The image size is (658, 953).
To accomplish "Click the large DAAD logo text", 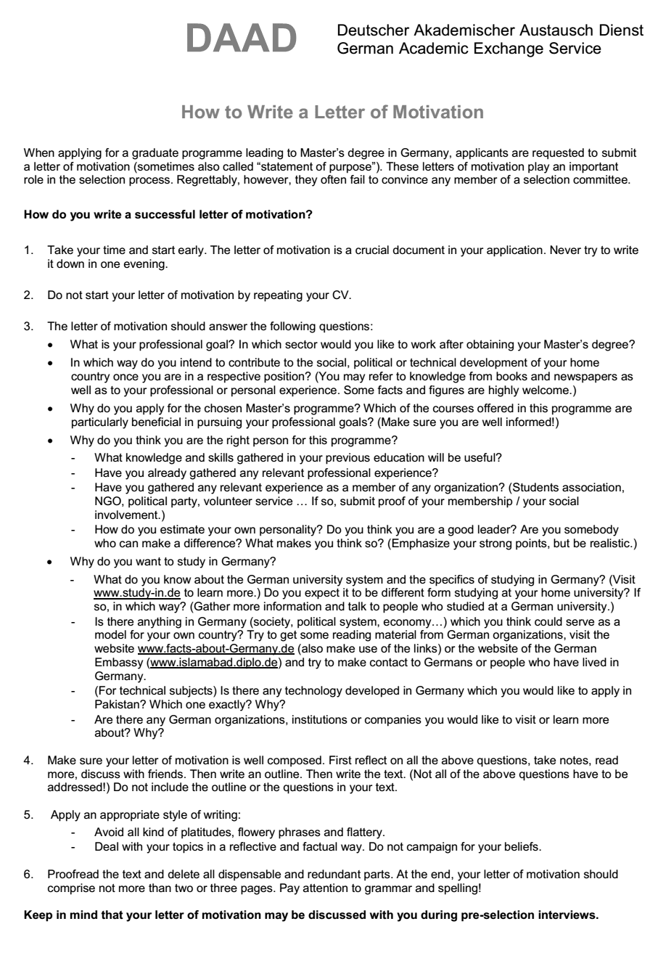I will [x=242, y=38].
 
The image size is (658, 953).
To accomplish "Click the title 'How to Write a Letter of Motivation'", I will [x=332, y=112].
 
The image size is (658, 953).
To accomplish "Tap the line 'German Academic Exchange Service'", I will [x=468, y=49].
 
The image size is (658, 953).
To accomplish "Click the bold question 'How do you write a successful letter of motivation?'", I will [x=169, y=215].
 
